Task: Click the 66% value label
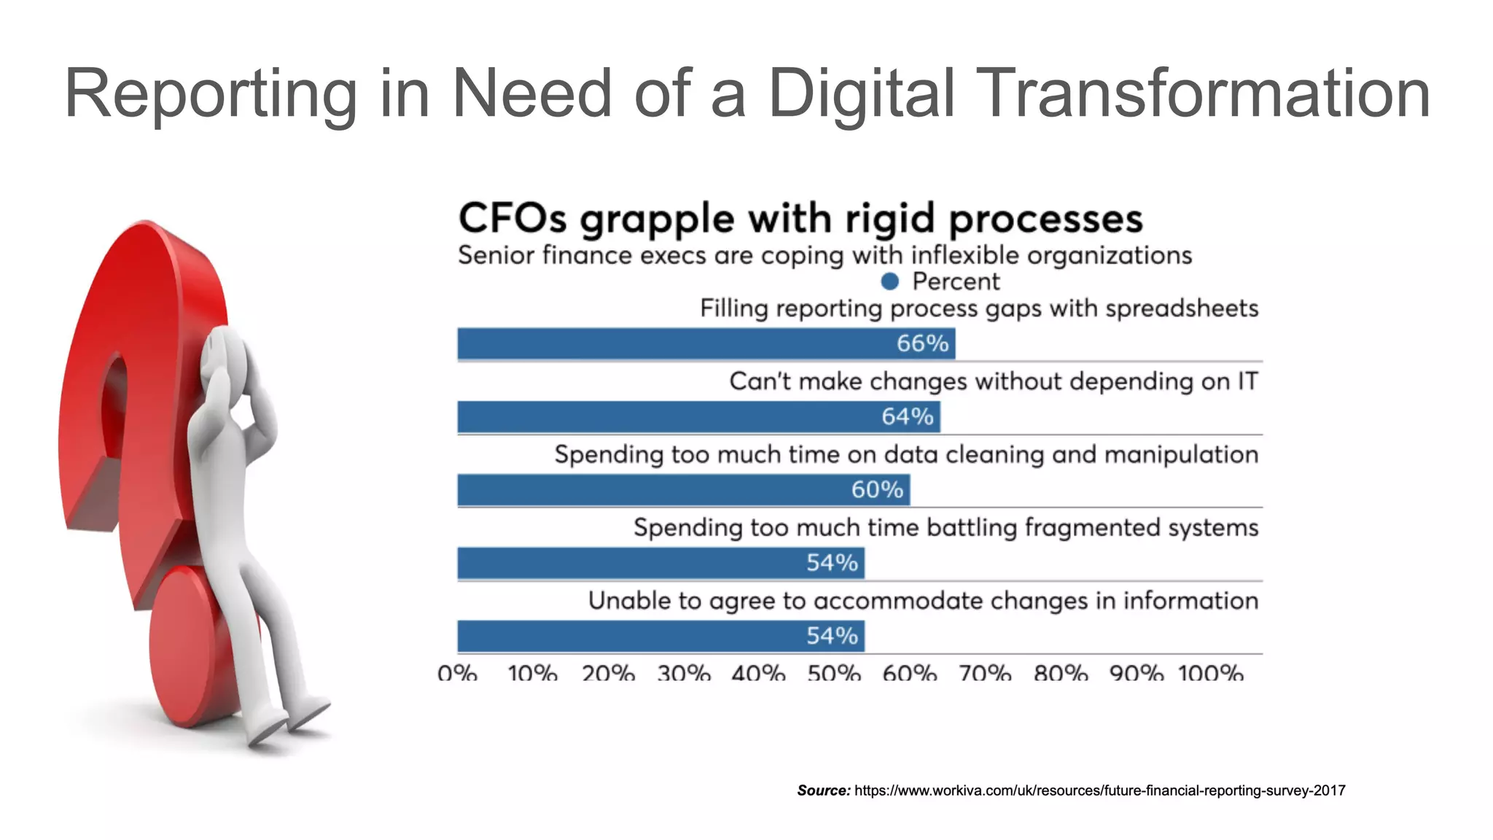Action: click(x=922, y=343)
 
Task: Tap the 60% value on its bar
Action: click(x=877, y=489)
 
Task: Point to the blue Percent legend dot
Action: click(x=889, y=281)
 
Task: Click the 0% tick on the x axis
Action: click(x=457, y=673)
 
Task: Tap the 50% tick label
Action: click(x=834, y=673)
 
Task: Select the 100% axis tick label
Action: click(x=1210, y=673)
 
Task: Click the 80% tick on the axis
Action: click(x=1060, y=673)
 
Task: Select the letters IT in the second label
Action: click(x=1247, y=381)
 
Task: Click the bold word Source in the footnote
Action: click(x=823, y=790)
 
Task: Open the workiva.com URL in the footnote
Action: click(x=1099, y=790)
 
